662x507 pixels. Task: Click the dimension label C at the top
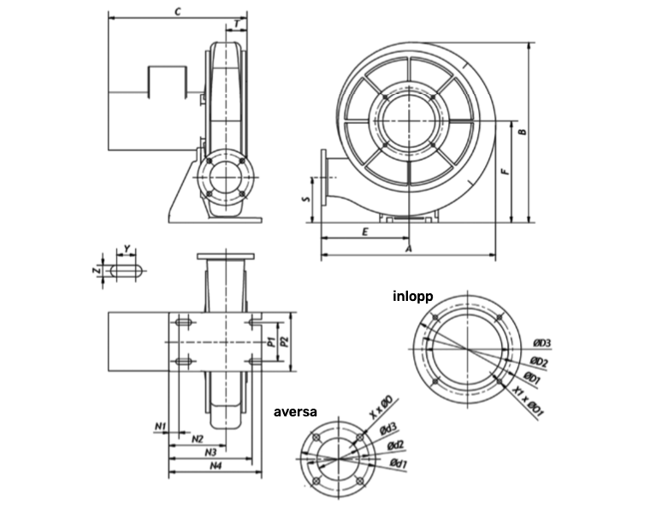(178, 11)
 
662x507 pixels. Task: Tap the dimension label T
(237, 25)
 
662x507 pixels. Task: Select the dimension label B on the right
(523, 132)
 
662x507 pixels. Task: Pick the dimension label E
(365, 232)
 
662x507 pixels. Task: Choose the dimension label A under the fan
(408, 249)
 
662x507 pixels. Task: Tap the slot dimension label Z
(97, 270)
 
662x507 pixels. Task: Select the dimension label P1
(272, 342)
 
